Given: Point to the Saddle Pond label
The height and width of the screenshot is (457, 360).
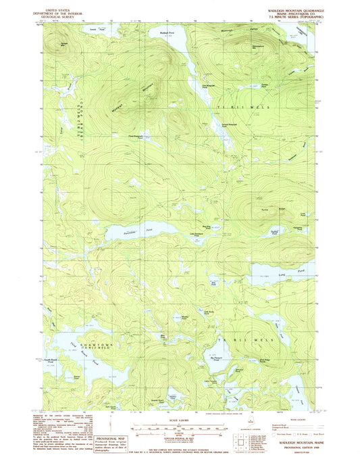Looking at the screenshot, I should (275, 232).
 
